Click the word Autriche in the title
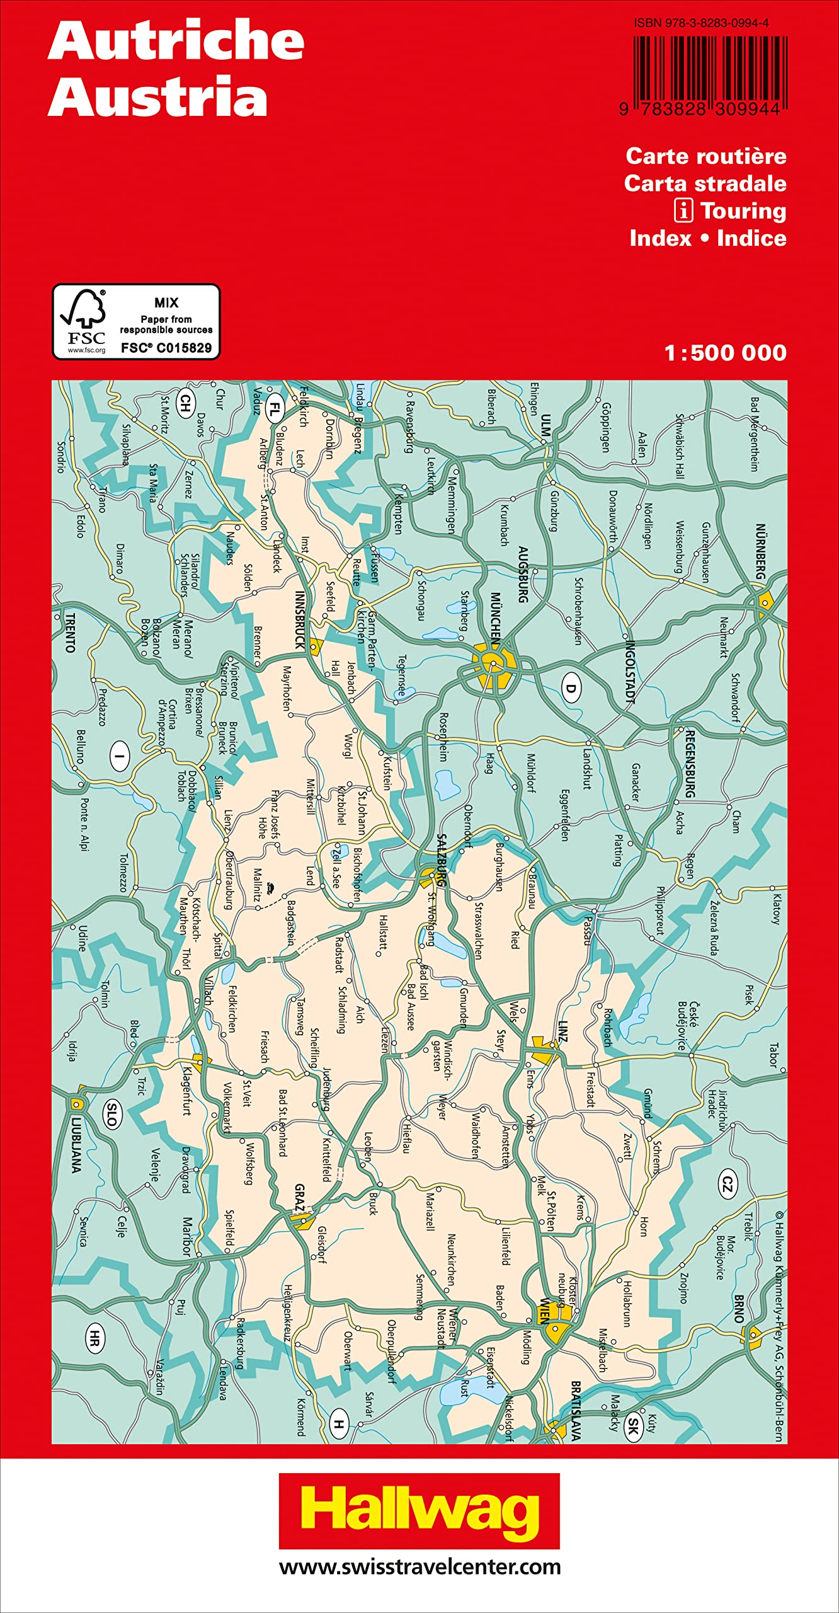[176, 41]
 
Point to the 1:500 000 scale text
[725, 353]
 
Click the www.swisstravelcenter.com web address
[419, 1566]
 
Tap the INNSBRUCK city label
[300, 621]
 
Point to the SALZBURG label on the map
[442, 860]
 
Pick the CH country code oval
[185, 403]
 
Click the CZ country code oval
[727, 1185]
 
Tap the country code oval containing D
[570, 688]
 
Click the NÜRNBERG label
[761, 552]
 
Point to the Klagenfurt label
[187, 1091]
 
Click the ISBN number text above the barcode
[701, 23]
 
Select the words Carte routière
[705, 156]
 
